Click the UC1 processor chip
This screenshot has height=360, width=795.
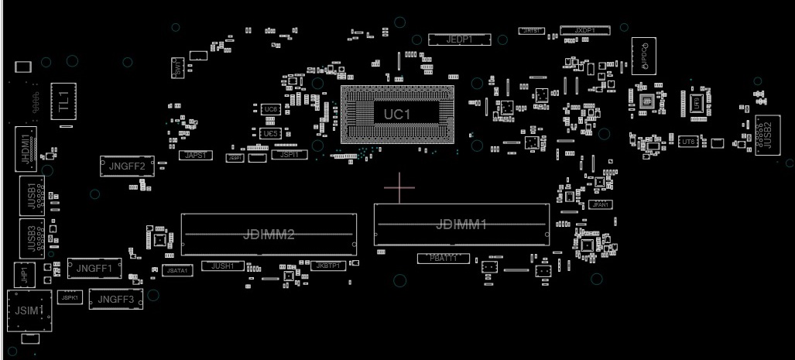[397, 114]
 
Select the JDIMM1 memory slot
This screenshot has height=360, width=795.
[461, 225]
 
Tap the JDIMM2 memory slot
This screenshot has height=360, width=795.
[269, 234]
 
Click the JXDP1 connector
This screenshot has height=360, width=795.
[584, 30]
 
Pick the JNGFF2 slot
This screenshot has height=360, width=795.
[127, 165]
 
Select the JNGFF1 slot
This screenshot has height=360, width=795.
[94, 269]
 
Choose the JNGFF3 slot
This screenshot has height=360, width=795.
[116, 299]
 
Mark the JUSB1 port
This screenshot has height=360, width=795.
[32, 195]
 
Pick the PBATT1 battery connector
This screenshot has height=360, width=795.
[444, 258]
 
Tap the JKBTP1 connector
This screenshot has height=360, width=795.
[328, 266]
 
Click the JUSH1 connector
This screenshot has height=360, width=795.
[223, 266]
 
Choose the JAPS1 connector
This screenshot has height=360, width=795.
[196, 156]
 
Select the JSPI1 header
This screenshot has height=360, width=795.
[288, 155]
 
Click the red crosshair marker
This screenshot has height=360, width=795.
[399, 187]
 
